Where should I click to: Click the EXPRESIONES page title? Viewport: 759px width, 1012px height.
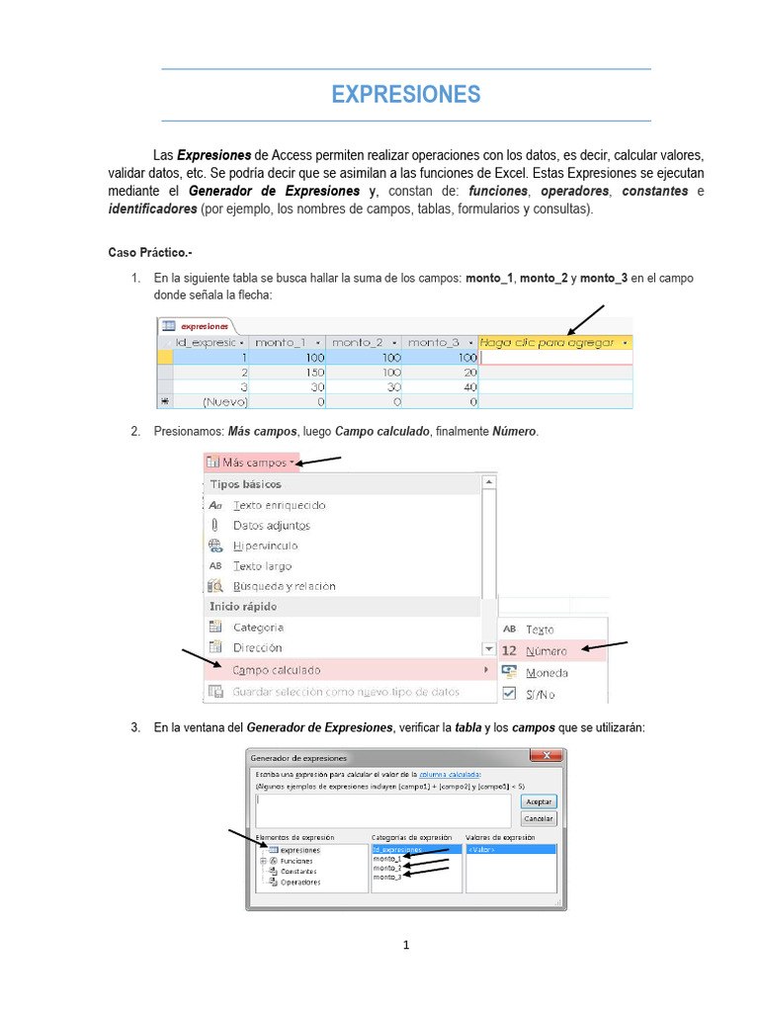[405, 94]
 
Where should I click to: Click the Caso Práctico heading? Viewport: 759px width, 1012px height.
[149, 253]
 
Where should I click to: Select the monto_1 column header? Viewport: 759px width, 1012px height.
[283, 342]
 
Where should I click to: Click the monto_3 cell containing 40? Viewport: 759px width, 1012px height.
[441, 386]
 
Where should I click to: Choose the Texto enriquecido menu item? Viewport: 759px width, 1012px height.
[279, 505]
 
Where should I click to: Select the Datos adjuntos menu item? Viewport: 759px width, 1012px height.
[271, 526]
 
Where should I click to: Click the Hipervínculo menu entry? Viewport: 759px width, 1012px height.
[265, 546]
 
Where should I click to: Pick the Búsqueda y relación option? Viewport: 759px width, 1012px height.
[284, 586]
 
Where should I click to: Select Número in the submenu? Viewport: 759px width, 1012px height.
[546, 651]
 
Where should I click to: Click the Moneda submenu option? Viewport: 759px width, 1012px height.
[547, 672]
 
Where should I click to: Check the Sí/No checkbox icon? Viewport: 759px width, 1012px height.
[509, 694]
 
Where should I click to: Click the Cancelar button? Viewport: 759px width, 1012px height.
[540, 818]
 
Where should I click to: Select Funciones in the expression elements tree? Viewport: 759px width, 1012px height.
[295, 861]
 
